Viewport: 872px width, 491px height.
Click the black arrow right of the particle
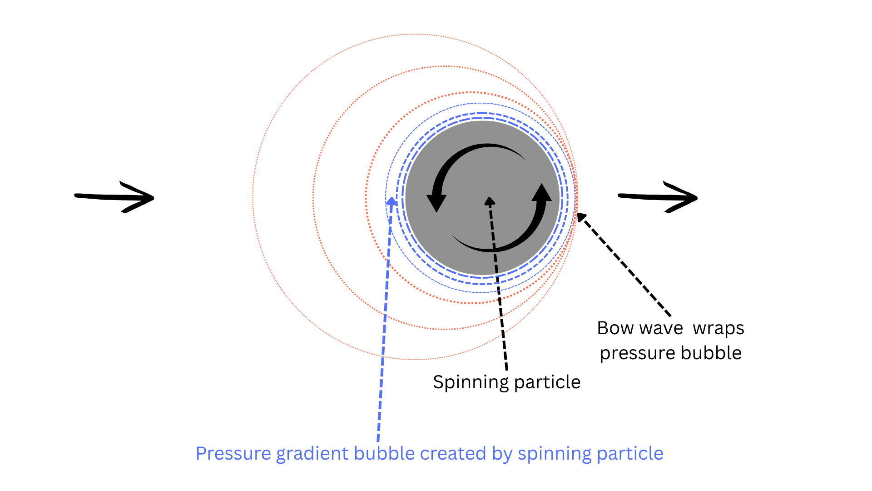(658, 197)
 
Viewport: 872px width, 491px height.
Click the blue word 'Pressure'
(233, 454)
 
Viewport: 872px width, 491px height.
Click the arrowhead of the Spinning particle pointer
(489, 201)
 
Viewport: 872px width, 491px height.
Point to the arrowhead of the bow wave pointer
(581, 217)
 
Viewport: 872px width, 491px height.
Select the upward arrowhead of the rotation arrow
(541, 192)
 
